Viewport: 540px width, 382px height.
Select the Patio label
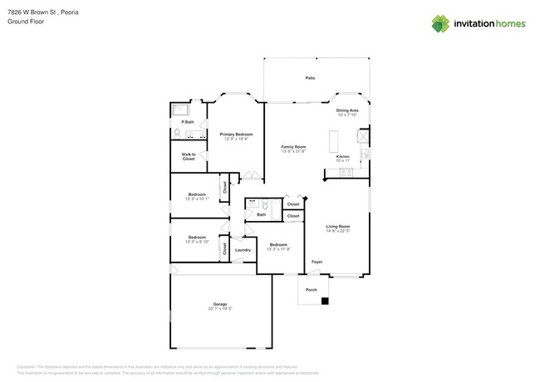click(309, 78)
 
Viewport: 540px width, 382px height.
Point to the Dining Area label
click(347, 110)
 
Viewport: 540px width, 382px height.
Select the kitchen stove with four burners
click(364, 154)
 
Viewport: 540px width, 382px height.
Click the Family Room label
click(294, 147)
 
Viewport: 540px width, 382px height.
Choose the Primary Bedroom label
click(236, 134)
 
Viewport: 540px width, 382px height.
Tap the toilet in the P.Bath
click(177, 133)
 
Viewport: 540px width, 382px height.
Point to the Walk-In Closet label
click(189, 155)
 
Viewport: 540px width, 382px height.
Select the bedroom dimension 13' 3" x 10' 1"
click(197, 199)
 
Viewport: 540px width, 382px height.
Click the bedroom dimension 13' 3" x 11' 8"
click(277, 248)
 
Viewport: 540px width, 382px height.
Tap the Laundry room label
click(243, 249)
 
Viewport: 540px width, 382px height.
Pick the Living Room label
click(337, 226)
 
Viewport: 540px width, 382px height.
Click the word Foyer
click(317, 262)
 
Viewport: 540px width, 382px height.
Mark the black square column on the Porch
click(326, 301)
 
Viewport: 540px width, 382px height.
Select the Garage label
click(220, 304)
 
